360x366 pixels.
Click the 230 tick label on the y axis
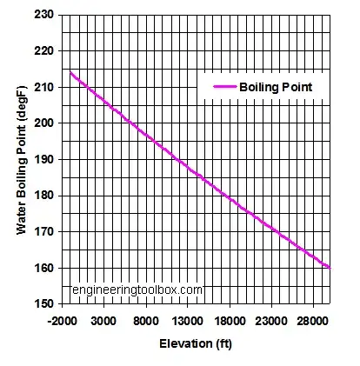point(44,15)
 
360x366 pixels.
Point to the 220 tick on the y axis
point(44,50)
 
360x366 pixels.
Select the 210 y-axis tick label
point(44,87)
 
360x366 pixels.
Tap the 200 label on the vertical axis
point(44,123)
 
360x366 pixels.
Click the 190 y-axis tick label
point(44,160)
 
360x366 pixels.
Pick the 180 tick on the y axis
point(44,196)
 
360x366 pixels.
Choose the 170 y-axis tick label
point(44,232)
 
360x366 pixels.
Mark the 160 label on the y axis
point(44,269)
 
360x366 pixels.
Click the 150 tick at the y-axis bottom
point(44,304)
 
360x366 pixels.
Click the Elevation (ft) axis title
point(197,343)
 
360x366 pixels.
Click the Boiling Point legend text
point(276,87)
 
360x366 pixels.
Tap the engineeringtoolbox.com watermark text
point(137,289)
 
